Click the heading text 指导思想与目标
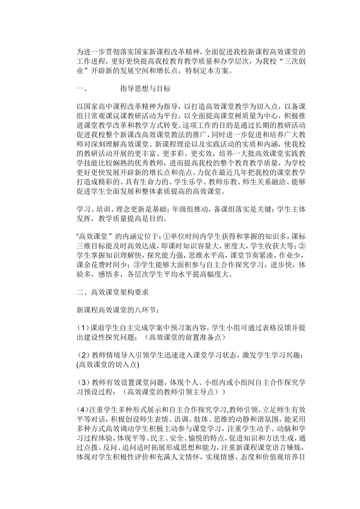click(145, 89)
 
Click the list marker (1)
click(83, 328)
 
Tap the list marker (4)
click(83, 409)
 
